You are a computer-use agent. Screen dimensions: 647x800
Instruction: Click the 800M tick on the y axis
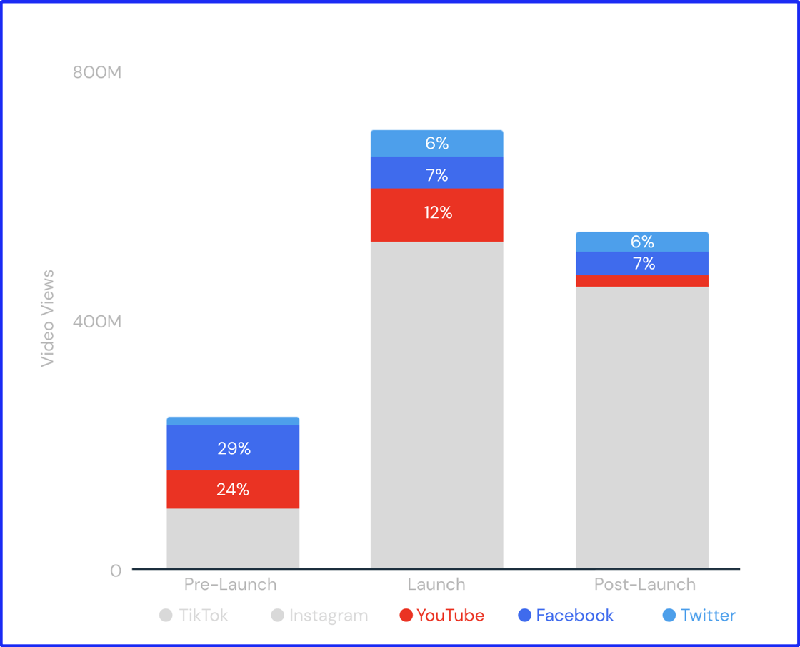(97, 72)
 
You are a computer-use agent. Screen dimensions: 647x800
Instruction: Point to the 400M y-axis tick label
(97, 322)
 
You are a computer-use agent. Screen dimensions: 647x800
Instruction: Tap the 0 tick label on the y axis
(115, 571)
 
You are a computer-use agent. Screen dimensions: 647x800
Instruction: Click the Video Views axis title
(48, 318)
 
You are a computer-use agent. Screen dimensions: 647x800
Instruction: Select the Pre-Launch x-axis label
(230, 584)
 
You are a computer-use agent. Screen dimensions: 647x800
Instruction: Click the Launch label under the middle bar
(436, 584)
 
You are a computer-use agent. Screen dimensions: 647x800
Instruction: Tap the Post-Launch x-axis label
(644, 584)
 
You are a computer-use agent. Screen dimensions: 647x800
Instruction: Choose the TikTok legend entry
(194, 616)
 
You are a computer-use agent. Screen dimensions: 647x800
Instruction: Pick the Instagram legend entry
(320, 616)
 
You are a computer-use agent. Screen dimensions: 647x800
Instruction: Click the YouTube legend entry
(442, 616)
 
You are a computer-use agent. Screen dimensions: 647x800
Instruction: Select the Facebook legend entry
(566, 616)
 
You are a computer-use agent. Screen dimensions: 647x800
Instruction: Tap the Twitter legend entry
(699, 616)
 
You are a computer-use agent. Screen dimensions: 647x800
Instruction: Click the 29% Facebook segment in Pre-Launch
(233, 448)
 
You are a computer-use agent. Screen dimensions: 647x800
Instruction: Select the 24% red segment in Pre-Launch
(233, 489)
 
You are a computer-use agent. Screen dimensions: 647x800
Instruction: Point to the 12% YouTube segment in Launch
(436, 214)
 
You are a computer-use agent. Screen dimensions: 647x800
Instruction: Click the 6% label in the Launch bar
(436, 144)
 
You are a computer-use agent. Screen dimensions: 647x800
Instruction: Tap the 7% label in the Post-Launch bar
(643, 264)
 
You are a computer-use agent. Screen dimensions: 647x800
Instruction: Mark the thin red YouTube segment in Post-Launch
(642, 281)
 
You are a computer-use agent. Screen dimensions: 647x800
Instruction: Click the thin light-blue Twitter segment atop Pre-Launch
(233, 421)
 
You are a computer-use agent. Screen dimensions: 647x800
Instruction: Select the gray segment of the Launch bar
(436, 404)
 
